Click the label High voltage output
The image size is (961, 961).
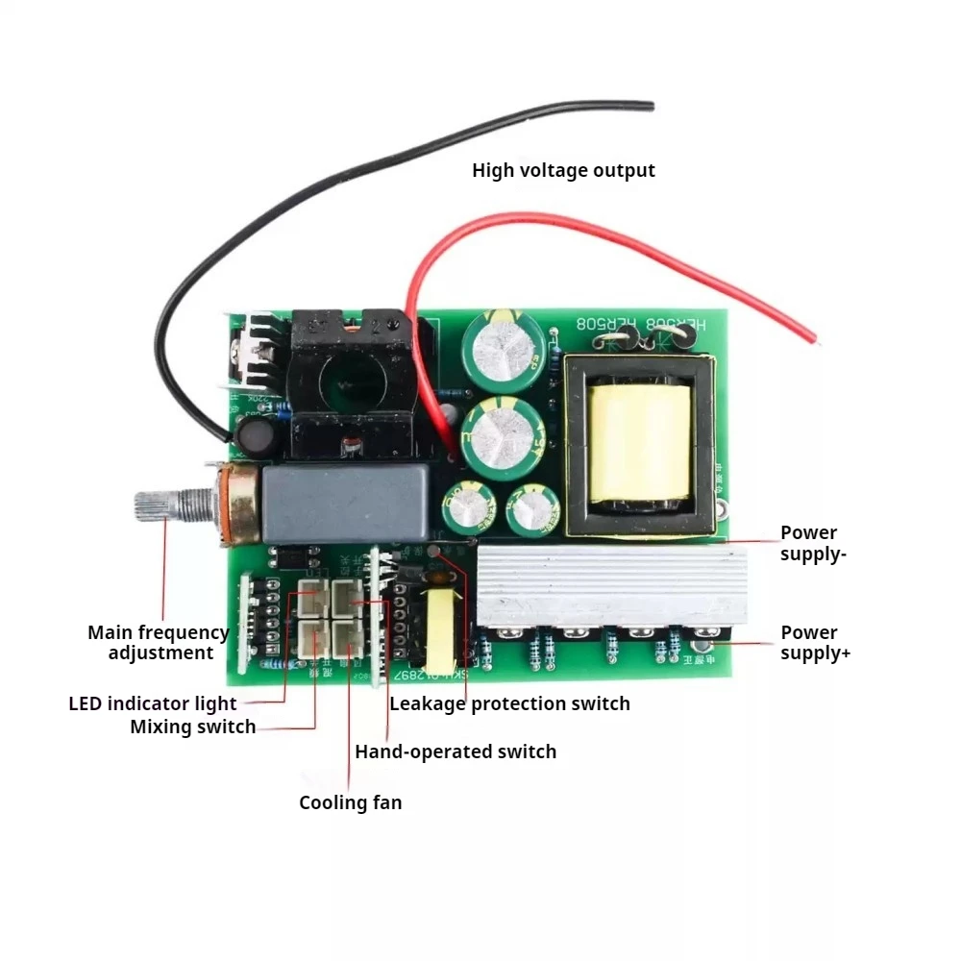(563, 170)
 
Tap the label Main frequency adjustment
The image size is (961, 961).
(159, 642)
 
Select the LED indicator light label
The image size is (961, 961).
(153, 703)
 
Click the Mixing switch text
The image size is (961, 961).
(193, 727)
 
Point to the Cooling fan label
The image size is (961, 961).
(350, 802)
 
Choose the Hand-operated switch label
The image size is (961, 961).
(456, 752)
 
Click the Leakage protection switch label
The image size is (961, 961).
(509, 703)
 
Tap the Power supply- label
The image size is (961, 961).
(809, 543)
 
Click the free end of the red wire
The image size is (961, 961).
(813, 339)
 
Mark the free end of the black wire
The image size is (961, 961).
(651, 106)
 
